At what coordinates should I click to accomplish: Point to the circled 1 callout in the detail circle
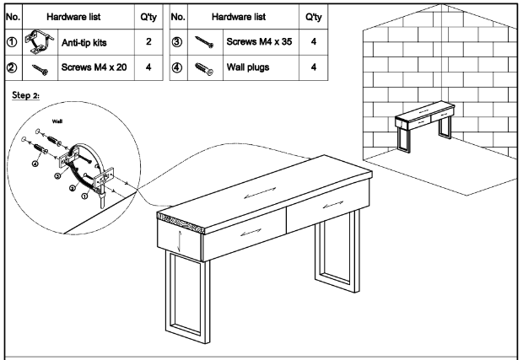(83, 196)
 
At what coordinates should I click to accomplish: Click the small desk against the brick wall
(426, 124)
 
